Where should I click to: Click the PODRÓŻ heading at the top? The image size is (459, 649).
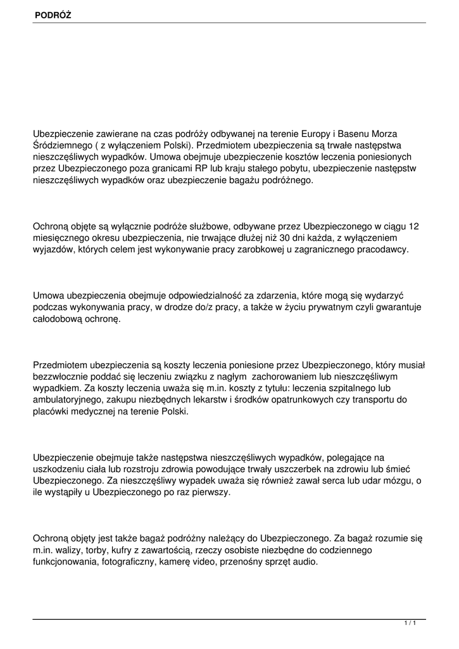click(53, 14)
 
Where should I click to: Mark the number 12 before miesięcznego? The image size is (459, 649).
click(414, 226)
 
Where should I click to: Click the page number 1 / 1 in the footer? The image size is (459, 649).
click(410, 624)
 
